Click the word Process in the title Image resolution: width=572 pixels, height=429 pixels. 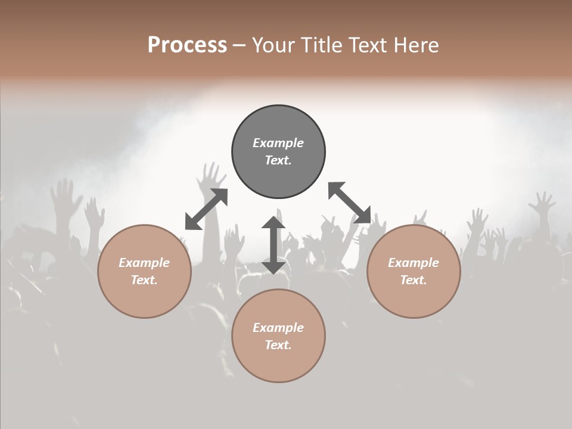187,45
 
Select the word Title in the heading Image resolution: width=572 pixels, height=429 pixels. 323,45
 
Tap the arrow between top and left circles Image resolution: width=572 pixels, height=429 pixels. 206,209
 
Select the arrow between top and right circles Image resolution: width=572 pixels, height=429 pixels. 349,203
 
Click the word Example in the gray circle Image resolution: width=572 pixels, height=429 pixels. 278,143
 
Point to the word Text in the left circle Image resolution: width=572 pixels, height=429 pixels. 144,280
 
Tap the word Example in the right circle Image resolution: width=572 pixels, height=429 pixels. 414,263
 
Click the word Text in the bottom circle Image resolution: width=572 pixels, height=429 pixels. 277,345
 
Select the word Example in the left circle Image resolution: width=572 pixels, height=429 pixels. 144,263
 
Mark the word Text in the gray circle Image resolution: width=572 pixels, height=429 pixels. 277,160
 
